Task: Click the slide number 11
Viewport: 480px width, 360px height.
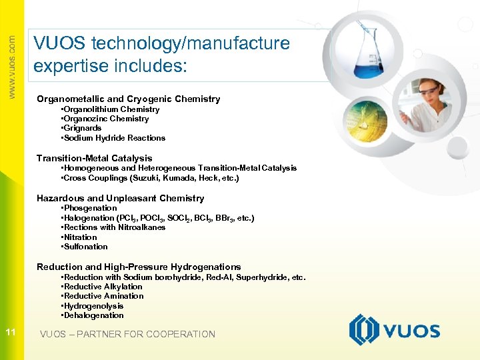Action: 11,332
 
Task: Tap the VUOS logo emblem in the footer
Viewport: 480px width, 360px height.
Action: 365,331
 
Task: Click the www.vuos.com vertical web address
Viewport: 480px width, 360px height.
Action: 11,67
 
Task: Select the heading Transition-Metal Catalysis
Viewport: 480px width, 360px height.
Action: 94,158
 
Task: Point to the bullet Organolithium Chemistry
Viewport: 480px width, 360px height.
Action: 111,109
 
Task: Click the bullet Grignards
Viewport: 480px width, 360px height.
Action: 83,128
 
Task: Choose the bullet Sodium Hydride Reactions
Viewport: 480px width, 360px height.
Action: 114,138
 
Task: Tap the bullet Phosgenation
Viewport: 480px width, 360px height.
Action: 90,208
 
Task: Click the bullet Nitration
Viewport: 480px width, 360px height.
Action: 80,237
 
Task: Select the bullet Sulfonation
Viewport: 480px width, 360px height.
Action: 85,247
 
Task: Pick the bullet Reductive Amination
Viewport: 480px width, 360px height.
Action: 103,296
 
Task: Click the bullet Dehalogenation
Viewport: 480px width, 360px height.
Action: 93,315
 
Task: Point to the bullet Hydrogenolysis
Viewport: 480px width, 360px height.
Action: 93,306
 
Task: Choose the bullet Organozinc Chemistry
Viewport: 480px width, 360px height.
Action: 106,119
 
